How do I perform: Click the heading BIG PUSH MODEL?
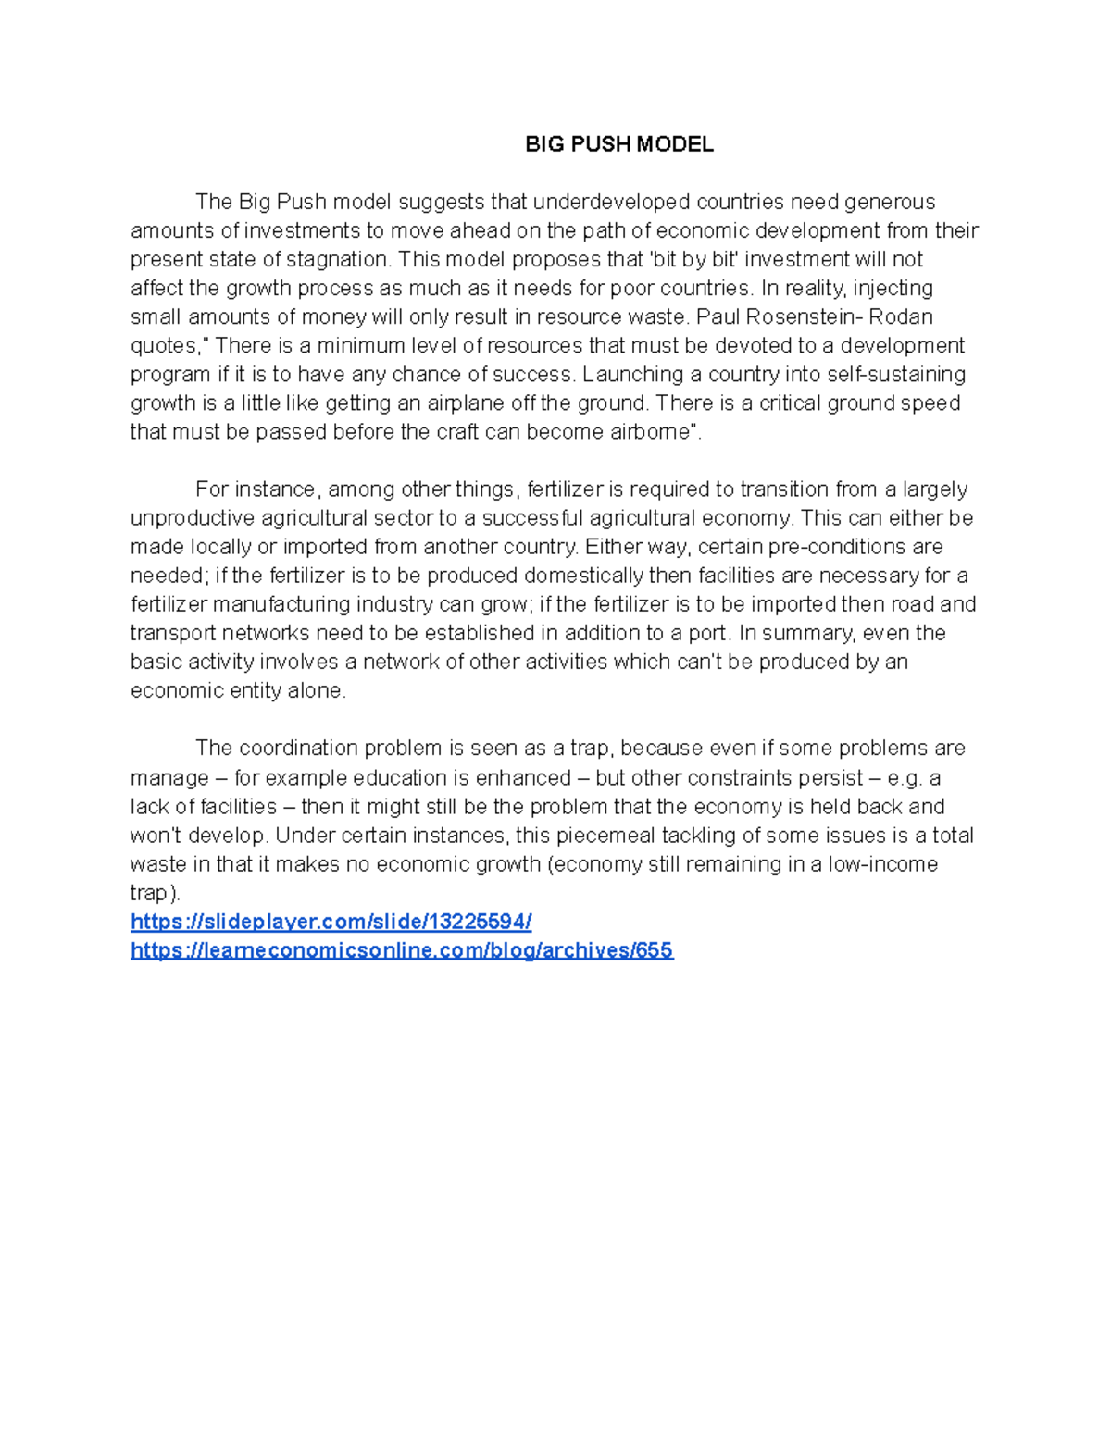[619, 144]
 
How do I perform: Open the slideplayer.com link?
[331, 922]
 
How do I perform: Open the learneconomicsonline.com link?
[402, 950]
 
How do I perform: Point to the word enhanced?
[523, 778]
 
